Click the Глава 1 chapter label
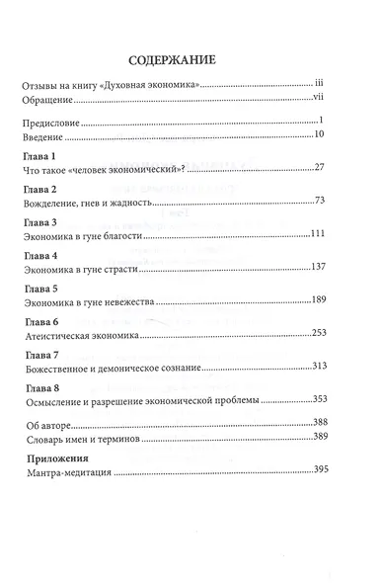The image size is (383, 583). [x=38, y=159]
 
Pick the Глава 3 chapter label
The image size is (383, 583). [x=38, y=224]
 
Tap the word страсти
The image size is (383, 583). [x=144, y=268]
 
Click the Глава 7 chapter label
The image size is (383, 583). [x=38, y=354]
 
